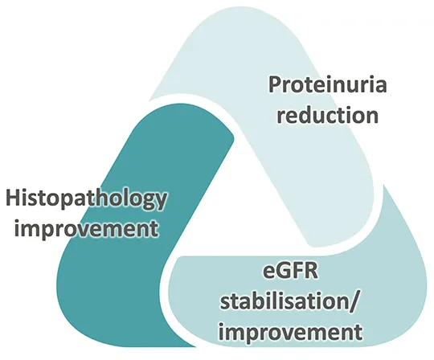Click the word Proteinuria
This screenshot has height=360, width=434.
click(327, 84)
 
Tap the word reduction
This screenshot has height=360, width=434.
click(327, 115)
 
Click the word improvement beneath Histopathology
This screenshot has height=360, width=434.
click(86, 228)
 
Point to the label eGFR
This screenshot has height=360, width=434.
click(291, 272)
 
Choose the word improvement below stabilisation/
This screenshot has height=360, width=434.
click(291, 331)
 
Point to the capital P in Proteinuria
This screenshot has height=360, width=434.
click(275, 84)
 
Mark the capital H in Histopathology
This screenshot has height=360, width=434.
click(13, 198)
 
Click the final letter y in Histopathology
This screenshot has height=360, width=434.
click(161, 203)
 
